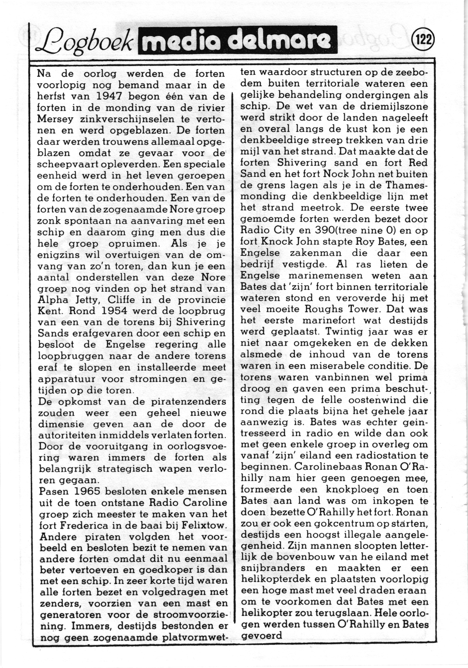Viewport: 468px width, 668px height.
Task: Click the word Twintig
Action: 338,332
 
